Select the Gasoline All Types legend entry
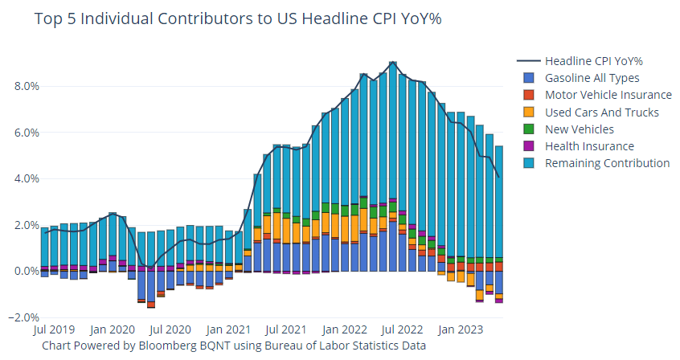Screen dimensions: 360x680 click(x=592, y=78)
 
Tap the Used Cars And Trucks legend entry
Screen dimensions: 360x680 click(x=601, y=112)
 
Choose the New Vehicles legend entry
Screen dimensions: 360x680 click(x=579, y=129)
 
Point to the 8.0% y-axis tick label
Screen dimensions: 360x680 click(x=23, y=86)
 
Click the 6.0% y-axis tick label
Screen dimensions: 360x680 click(x=23, y=133)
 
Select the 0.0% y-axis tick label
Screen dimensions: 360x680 click(x=23, y=272)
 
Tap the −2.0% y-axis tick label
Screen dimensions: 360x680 click(x=21, y=318)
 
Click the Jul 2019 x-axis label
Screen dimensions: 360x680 click(x=55, y=329)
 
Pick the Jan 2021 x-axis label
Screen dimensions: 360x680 click(x=227, y=329)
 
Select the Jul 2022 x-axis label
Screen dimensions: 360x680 click(x=399, y=329)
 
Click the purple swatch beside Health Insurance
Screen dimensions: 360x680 click(x=528, y=146)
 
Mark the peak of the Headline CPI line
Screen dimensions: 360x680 click(x=392, y=62)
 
